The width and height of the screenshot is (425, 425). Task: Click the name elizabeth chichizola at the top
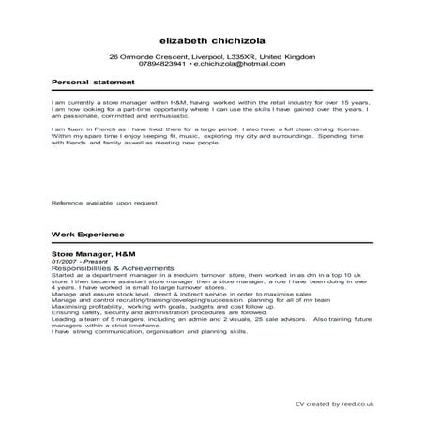pos(213,41)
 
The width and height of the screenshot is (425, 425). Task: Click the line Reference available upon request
pos(105,202)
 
